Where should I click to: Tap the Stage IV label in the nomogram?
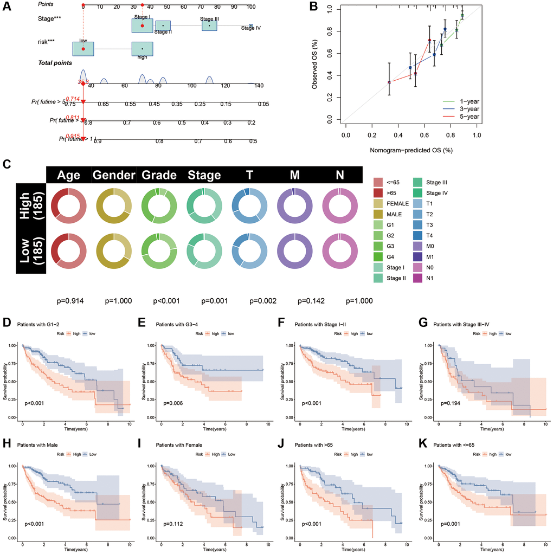click(x=250, y=28)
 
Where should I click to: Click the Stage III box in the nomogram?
click(x=209, y=25)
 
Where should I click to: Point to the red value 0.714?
click(x=73, y=99)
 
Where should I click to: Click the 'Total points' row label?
click(x=55, y=63)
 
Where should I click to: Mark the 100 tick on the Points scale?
click(x=250, y=7)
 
